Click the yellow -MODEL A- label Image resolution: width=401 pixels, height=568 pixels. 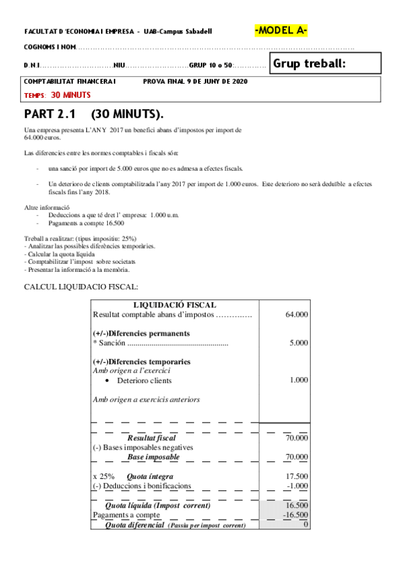281,31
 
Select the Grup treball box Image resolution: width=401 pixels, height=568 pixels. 326,64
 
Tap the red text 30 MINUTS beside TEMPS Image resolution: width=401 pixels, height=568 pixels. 71,95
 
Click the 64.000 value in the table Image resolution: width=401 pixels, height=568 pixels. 297,314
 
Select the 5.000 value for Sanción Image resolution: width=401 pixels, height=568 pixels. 299,343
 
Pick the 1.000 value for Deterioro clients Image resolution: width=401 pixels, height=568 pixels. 299,380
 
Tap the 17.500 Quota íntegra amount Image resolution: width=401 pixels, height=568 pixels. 297,476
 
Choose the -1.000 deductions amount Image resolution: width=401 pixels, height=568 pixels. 297,486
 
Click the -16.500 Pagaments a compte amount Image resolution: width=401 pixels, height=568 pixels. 295,515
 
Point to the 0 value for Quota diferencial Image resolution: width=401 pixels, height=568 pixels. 305,524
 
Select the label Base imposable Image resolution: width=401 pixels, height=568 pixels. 153,457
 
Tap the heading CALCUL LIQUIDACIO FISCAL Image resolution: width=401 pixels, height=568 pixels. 81,287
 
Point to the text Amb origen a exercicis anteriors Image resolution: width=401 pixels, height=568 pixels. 146,400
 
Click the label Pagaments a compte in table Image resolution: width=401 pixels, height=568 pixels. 127,515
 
